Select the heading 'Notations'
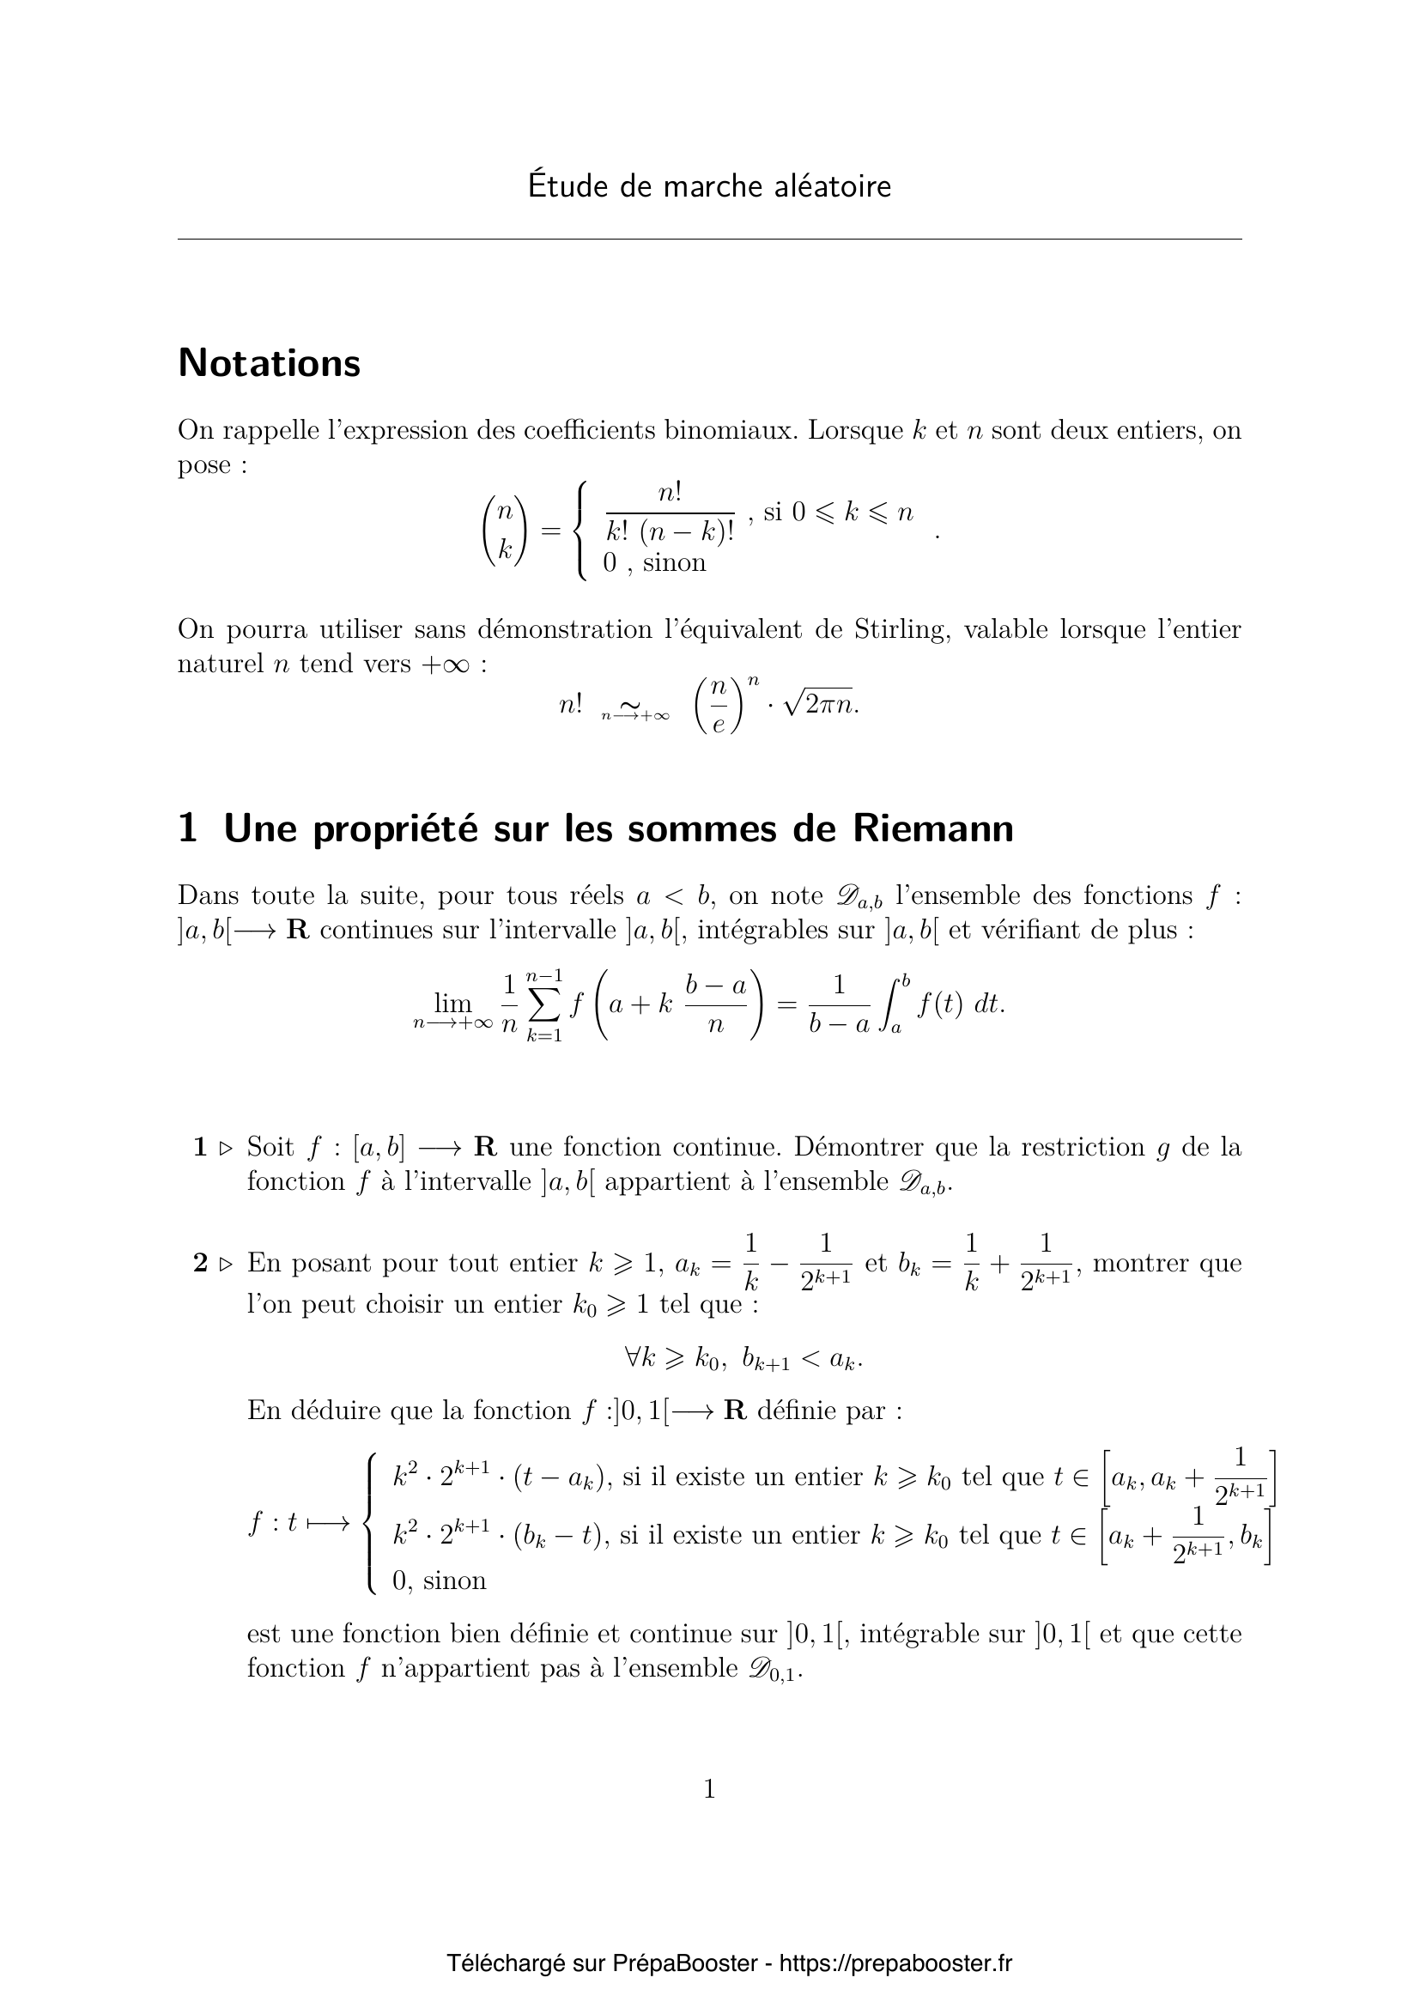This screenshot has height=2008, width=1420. pyautogui.click(x=270, y=363)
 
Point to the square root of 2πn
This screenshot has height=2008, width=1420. pyautogui.click(x=821, y=704)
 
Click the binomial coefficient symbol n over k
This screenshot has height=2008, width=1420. pyautogui.click(x=505, y=530)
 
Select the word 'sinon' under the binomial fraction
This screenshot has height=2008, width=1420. pyautogui.click(x=674, y=562)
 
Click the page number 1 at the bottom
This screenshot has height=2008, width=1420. pyautogui.click(x=709, y=1788)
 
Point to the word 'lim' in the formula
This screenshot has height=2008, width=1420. pyautogui.click(x=453, y=1005)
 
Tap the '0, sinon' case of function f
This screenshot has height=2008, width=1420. pyautogui.click(x=439, y=1580)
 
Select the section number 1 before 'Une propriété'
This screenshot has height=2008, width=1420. pyautogui.click(x=187, y=829)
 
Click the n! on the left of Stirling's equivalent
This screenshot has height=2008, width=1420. pyautogui.click(x=570, y=704)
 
